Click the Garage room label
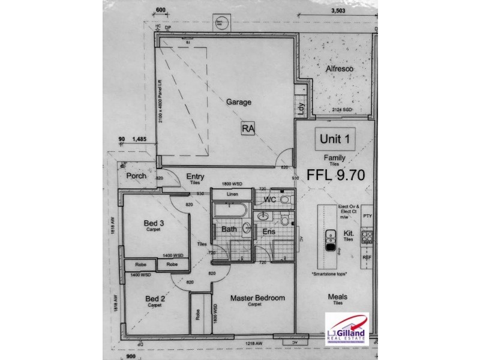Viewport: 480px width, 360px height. [238, 102]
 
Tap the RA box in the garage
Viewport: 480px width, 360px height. [247, 128]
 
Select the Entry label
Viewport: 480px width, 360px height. [195, 176]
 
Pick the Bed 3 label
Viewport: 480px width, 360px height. [154, 223]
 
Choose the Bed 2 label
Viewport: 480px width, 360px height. [155, 298]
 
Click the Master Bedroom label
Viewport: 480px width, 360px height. [257, 298]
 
